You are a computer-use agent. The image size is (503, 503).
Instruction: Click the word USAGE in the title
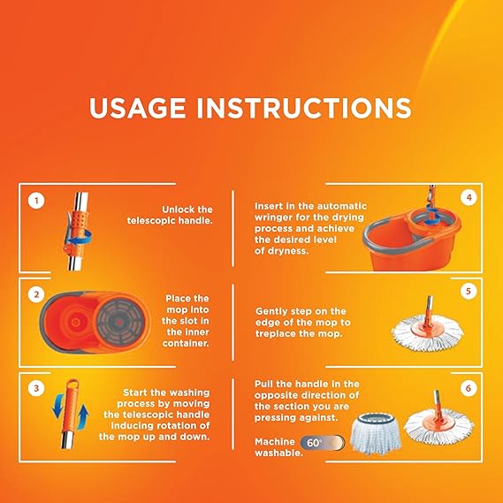pyautogui.click(x=137, y=108)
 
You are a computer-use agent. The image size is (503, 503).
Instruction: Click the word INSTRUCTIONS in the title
pyautogui.click(x=304, y=108)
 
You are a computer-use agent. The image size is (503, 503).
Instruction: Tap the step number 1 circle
pyautogui.click(x=36, y=201)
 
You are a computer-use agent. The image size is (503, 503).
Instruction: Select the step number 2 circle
pyautogui.click(x=36, y=294)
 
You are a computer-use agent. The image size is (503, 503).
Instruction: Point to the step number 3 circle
pyautogui.click(x=36, y=388)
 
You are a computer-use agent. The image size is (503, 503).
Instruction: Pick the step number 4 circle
pyautogui.click(x=469, y=198)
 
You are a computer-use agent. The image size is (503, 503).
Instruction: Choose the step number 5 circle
pyautogui.click(x=469, y=291)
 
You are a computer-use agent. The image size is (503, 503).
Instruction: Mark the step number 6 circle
pyautogui.click(x=469, y=388)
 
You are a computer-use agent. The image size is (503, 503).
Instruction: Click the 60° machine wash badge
pyautogui.click(x=323, y=443)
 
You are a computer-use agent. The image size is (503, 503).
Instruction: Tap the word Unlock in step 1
pyautogui.click(x=179, y=210)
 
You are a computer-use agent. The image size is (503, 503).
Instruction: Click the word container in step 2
pyautogui.click(x=186, y=343)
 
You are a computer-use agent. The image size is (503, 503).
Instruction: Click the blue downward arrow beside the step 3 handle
pyautogui.click(x=58, y=406)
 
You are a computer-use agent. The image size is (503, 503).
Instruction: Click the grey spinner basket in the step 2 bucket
pyautogui.click(x=119, y=322)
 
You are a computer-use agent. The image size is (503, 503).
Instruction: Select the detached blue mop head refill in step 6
pyautogui.click(x=376, y=434)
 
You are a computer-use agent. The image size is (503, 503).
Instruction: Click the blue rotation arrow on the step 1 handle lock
pyautogui.click(x=79, y=238)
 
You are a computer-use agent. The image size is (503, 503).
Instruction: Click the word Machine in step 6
pyautogui.click(x=275, y=442)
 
